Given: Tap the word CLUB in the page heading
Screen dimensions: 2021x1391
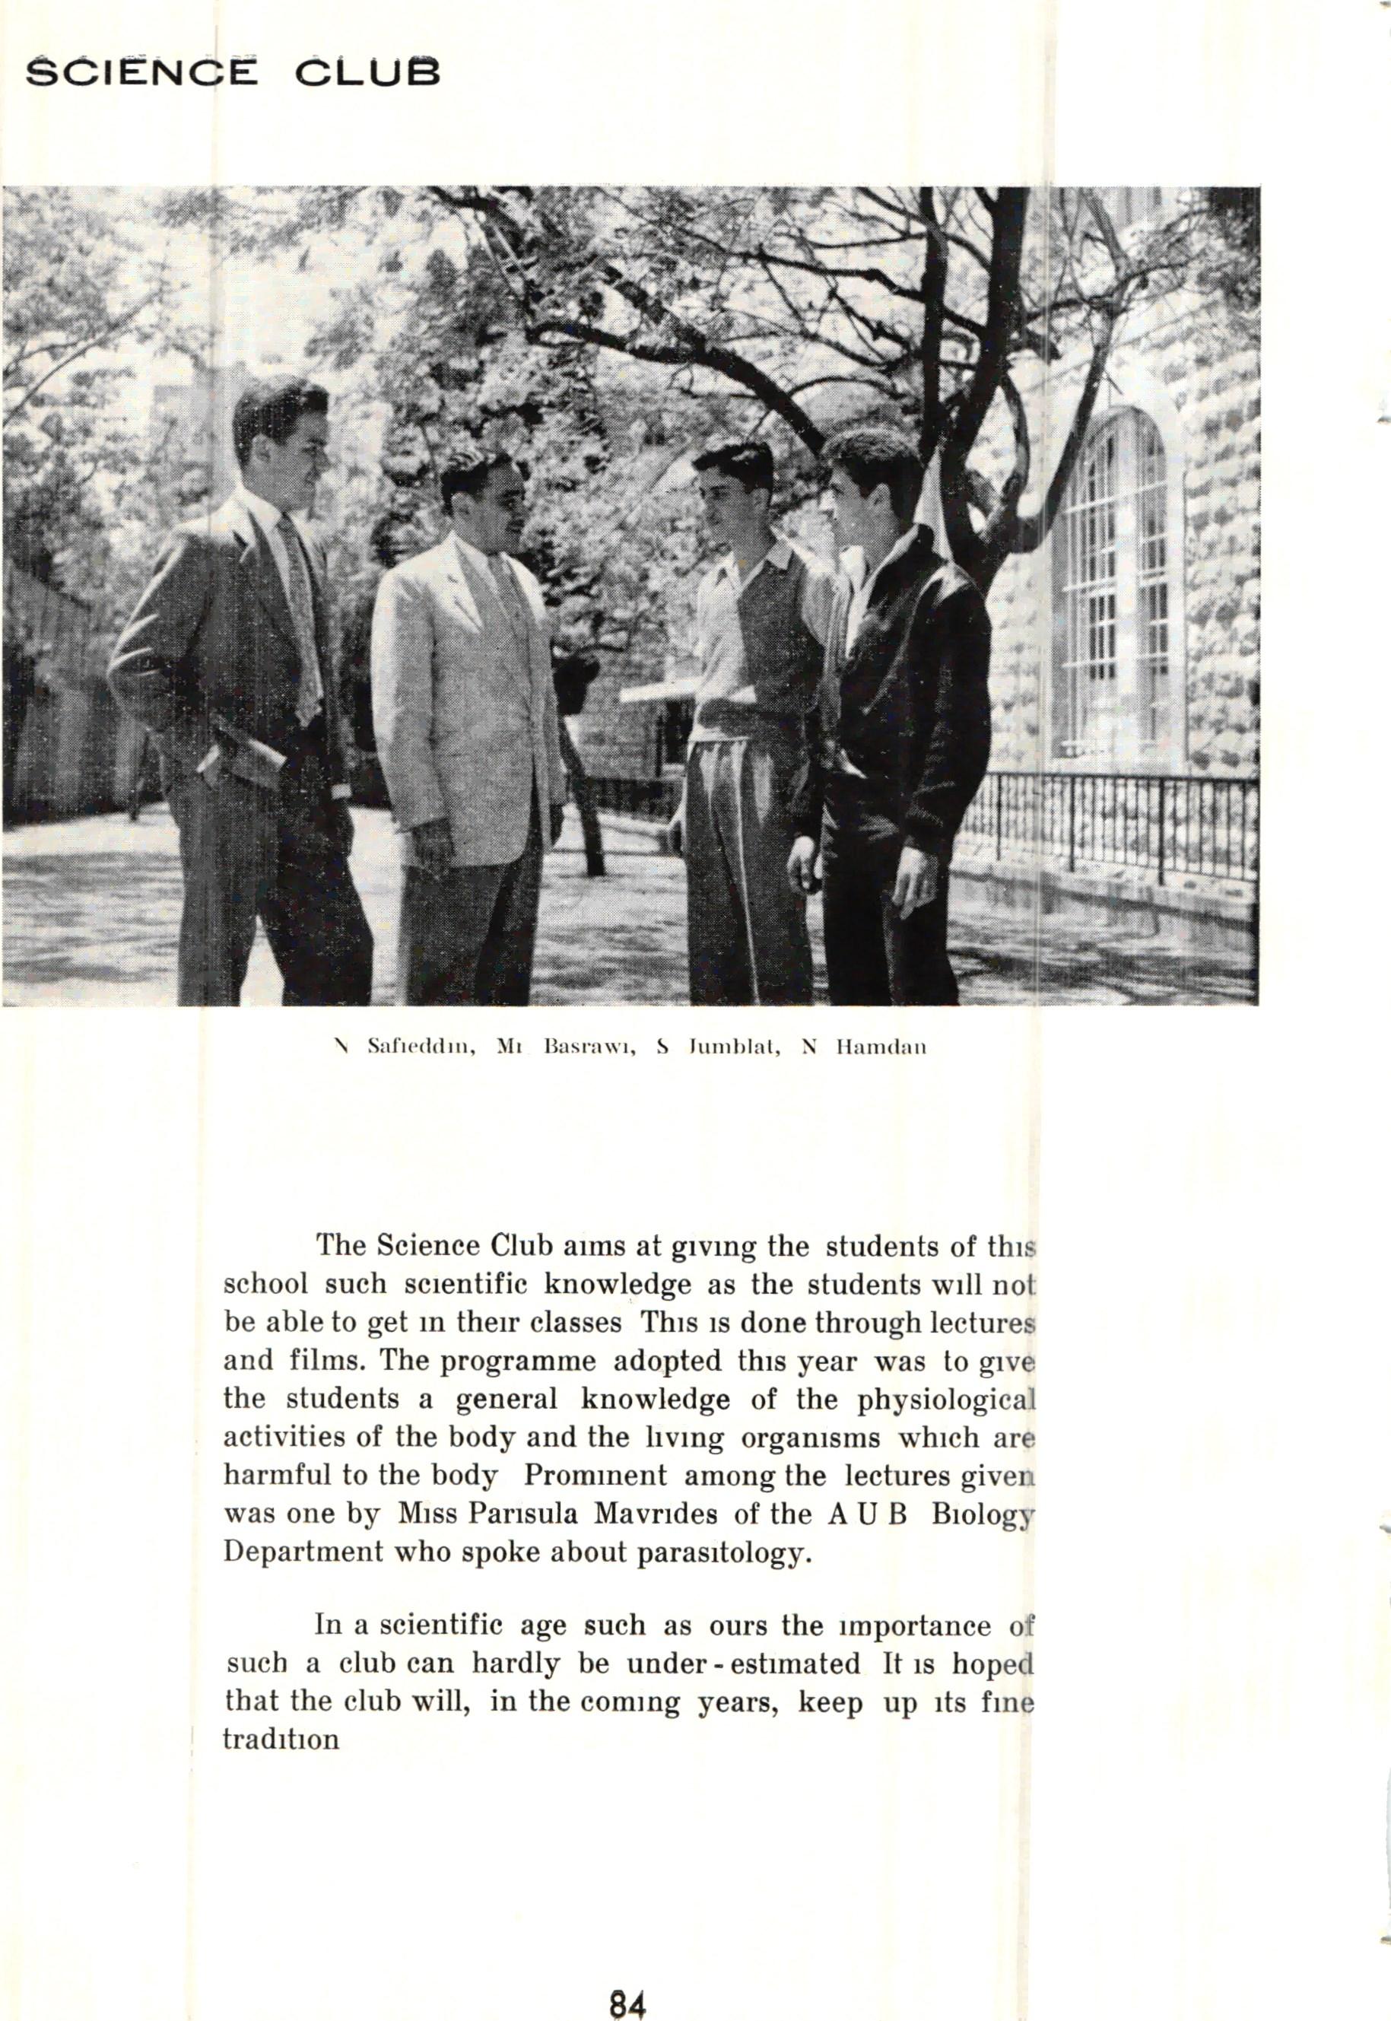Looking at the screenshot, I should click(x=367, y=73).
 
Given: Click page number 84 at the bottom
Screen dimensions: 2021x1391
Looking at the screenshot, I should click(x=627, y=1978).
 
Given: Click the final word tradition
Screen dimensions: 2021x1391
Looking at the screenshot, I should click(x=281, y=1740).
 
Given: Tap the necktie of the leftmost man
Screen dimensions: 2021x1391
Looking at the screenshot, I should click(x=299, y=610).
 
